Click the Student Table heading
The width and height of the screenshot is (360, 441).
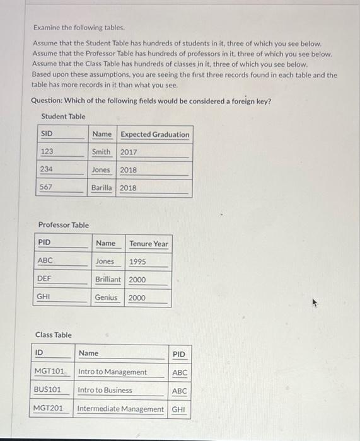pyautogui.click(x=63, y=117)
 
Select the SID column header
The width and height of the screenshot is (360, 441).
pyautogui.click(x=47, y=134)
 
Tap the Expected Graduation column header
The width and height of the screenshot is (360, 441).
pyautogui.click(x=154, y=134)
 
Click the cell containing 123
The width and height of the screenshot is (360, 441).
pyautogui.click(x=47, y=152)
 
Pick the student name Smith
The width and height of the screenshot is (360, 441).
pyautogui.click(x=101, y=152)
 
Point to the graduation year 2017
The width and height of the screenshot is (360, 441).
pyautogui.click(x=129, y=152)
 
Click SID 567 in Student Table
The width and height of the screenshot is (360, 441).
pyautogui.click(x=46, y=188)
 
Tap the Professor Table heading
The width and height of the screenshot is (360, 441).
pyautogui.click(x=64, y=225)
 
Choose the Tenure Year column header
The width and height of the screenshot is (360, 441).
pyautogui.click(x=149, y=243)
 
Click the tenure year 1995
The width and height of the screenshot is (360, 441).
pyautogui.click(x=138, y=261)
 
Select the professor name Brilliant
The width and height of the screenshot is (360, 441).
pyautogui.click(x=108, y=280)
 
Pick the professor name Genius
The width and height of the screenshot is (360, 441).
pyautogui.click(x=106, y=297)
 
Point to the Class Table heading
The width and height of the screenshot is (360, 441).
pyautogui.click(x=54, y=335)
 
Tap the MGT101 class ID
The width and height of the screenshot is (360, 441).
pyautogui.click(x=49, y=372)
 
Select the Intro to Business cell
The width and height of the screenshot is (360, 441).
pyautogui.click(x=105, y=390)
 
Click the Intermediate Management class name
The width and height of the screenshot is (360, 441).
pyautogui.click(x=120, y=409)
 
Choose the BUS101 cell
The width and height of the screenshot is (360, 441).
pyautogui.click(x=47, y=390)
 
